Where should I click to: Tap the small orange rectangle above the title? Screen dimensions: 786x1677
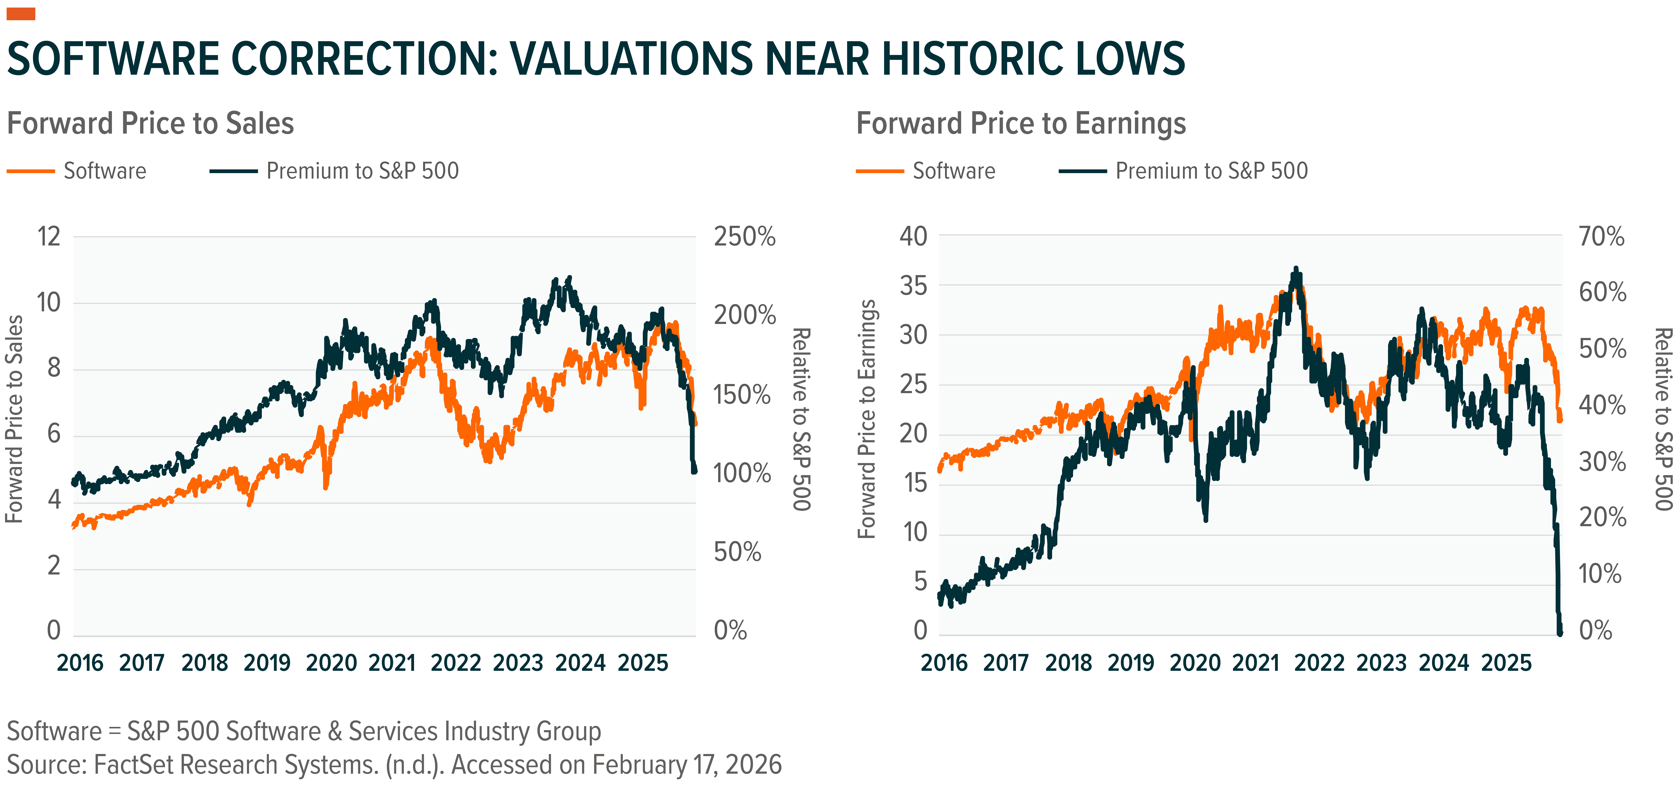[x=21, y=14]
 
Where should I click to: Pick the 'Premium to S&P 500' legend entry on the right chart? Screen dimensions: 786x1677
[x=1211, y=171]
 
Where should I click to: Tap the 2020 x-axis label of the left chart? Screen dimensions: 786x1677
[x=331, y=663]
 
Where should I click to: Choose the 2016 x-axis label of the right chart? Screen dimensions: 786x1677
[x=944, y=663]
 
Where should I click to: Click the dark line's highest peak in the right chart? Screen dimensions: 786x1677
[x=1295, y=268]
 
